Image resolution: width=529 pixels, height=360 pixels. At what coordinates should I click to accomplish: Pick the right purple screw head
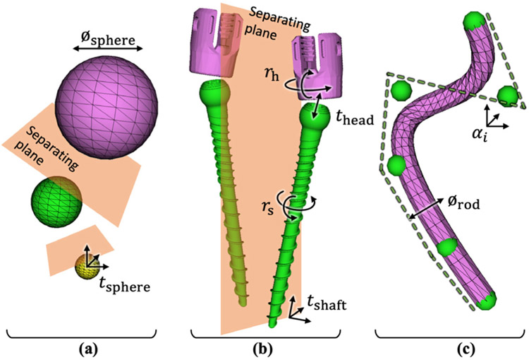pos(315,67)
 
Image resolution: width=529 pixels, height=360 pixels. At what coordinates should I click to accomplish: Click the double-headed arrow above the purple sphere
pos(108,49)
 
